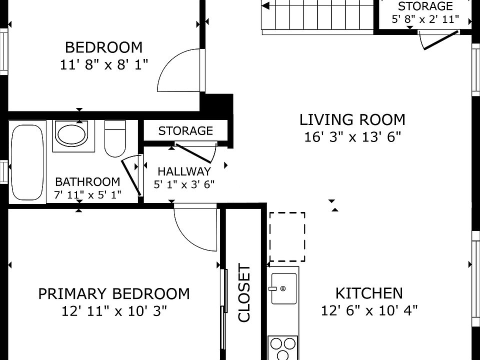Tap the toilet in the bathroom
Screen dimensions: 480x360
click(x=115, y=138)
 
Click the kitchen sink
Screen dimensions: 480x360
click(x=284, y=288)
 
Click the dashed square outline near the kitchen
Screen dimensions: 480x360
click(x=287, y=237)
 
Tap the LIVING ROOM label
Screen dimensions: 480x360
click(x=352, y=119)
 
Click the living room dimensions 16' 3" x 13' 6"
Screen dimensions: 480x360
click(x=352, y=137)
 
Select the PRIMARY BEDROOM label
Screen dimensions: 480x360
click(x=114, y=294)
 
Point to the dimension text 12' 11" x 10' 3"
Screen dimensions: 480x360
click(x=114, y=311)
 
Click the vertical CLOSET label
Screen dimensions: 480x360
click(x=244, y=293)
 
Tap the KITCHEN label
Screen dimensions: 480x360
click(x=369, y=293)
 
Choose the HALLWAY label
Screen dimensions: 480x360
click(x=184, y=171)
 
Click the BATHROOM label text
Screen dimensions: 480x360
click(x=87, y=182)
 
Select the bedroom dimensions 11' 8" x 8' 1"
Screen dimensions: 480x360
click(x=104, y=65)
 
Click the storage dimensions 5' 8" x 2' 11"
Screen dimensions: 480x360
click(x=425, y=19)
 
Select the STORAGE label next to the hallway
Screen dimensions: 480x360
click(x=185, y=131)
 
